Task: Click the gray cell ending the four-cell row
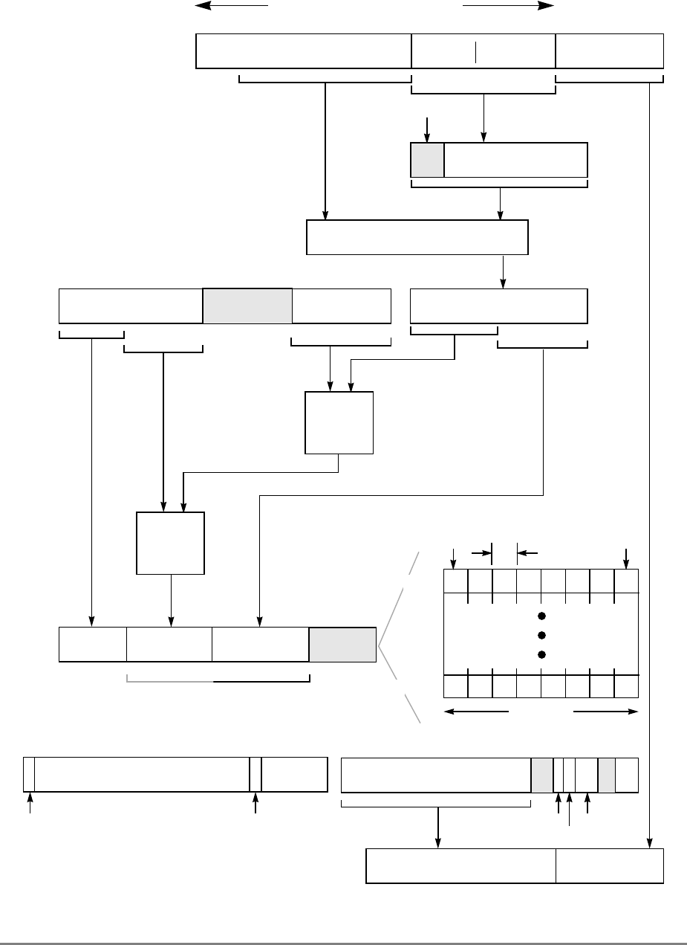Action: click(342, 644)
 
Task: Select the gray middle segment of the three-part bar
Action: click(247, 306)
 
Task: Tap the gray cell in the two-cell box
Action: click(427, 160)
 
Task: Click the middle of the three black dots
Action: click(541, 635)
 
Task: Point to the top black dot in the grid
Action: click(541, 616)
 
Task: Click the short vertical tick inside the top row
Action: click(475, 51)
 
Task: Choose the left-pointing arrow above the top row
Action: click(230, 5)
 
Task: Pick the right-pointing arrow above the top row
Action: click(509, 5)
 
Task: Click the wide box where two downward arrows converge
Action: click(417, 237)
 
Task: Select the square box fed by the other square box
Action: click(170, 543)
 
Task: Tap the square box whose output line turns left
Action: click(339, 422)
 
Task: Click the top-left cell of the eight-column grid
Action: click(455, 581)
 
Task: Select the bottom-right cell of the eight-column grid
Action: click(627, 686)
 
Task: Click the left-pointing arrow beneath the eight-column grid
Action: click(475, 712)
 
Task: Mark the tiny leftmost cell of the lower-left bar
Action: click(29, 774)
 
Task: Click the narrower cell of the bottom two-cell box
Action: click(610, 865)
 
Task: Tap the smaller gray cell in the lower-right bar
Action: click(607, 774)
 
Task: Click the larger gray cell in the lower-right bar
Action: click(542, 774)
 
